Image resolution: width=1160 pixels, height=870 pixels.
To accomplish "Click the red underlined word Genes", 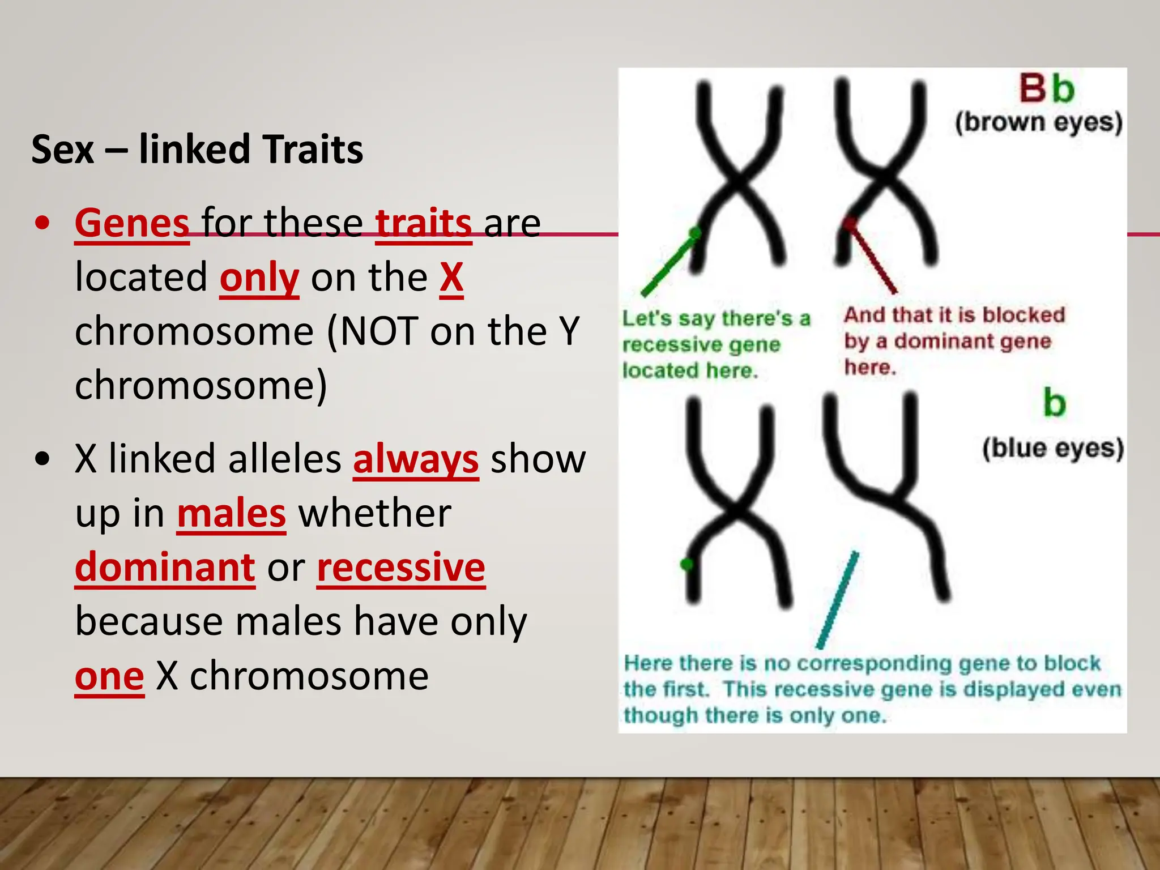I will coord(132,223).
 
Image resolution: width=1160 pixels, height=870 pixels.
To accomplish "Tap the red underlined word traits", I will coord(423,223).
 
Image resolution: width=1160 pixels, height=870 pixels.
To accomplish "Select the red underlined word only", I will coord(259,278).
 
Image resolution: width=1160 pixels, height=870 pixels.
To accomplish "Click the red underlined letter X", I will coord(451,278).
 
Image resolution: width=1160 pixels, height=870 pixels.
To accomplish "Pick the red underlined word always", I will coord(416,459).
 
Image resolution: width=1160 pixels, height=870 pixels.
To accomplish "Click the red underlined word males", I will coord(231,513).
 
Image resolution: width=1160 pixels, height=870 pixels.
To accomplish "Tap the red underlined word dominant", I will coord(165,567).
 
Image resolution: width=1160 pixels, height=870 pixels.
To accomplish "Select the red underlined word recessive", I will coord(401,567).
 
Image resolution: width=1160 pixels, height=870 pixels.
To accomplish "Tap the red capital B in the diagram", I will coord(1033,89).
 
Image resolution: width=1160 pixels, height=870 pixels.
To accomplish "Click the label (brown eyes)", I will coord(1039,122).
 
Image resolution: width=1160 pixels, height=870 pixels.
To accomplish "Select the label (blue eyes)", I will coord(1052,449).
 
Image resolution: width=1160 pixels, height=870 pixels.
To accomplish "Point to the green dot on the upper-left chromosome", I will coord(696,232).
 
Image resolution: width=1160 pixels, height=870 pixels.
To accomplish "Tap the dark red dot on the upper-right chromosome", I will coord(849,223).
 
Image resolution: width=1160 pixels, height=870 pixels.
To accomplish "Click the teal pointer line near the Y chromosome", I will coord(837,600).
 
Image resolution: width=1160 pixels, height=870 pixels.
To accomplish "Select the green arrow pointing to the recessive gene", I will coord(668,265).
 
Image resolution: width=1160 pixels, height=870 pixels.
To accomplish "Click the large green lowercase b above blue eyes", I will coord(1054,403).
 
